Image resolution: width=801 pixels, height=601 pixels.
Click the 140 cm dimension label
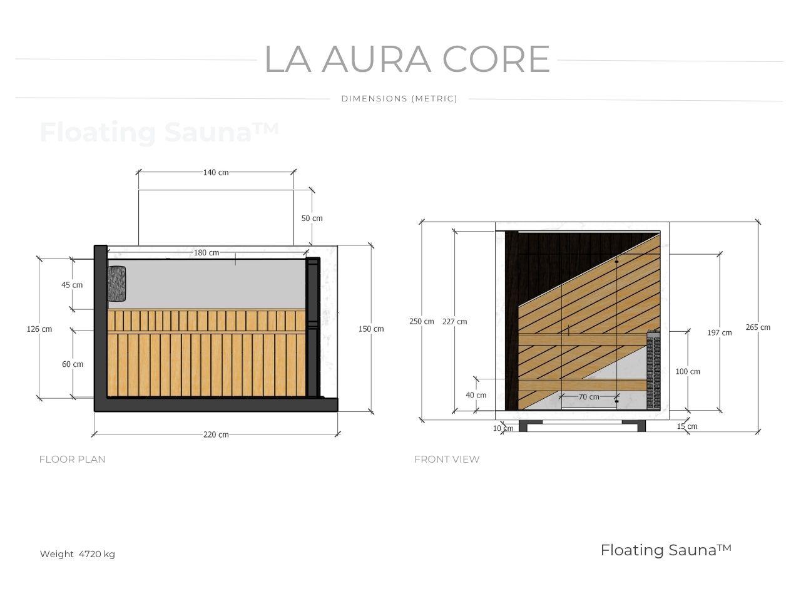(215, 172)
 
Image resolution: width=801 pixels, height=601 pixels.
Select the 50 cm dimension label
(312, 218)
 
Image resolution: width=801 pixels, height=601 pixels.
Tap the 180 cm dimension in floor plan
(206, 253)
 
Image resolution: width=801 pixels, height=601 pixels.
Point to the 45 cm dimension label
(72, 285)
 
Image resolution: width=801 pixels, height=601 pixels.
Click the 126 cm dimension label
(39, 329)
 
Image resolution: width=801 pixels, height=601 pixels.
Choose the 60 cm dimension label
(73, 364)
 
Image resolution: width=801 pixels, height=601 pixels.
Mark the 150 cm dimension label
(371, 329)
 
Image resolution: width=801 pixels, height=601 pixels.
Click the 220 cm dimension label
(215, 434)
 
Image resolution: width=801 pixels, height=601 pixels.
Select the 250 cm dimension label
(421, 322)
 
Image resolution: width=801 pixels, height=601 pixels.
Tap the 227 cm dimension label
(454, 322)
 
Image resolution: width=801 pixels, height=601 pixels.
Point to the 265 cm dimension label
(758, 327)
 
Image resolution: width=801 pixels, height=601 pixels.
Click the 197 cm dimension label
(719, 332)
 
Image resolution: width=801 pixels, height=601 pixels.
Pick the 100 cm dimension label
(688, 372)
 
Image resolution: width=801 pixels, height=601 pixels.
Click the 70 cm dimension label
(588, 397)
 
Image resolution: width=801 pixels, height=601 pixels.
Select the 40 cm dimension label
(476, 395)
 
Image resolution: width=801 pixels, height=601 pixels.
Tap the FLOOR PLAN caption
(72, 459)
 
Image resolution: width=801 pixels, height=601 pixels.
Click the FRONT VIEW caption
(447, 459)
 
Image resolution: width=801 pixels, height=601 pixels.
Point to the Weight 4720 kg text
(77, 554)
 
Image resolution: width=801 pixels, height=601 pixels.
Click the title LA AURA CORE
(407, 59)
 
